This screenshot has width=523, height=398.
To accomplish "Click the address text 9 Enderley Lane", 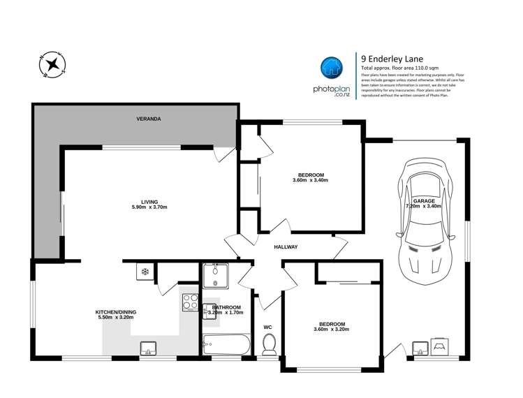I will point(391,59).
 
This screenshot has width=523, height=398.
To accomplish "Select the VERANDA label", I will point(148,119).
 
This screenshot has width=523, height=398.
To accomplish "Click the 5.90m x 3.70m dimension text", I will point(149,207).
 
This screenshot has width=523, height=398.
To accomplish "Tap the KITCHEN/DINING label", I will point(115,311).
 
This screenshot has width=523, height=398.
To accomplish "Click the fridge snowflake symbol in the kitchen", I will point(145,272).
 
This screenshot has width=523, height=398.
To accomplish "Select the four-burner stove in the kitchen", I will point(191,302).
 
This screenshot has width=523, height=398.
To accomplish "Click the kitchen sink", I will point(148,347).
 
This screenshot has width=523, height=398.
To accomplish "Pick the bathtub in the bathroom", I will point(225,344).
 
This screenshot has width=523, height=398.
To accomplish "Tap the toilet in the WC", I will point(269,344).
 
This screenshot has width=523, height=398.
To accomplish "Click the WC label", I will point(267,327).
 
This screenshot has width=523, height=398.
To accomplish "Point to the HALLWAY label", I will point(286,247).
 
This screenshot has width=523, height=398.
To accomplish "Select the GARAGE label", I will point(423,200).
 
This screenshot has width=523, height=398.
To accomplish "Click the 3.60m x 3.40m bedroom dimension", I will point(310,181).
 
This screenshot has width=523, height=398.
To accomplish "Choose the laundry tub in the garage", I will point(421,347).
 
